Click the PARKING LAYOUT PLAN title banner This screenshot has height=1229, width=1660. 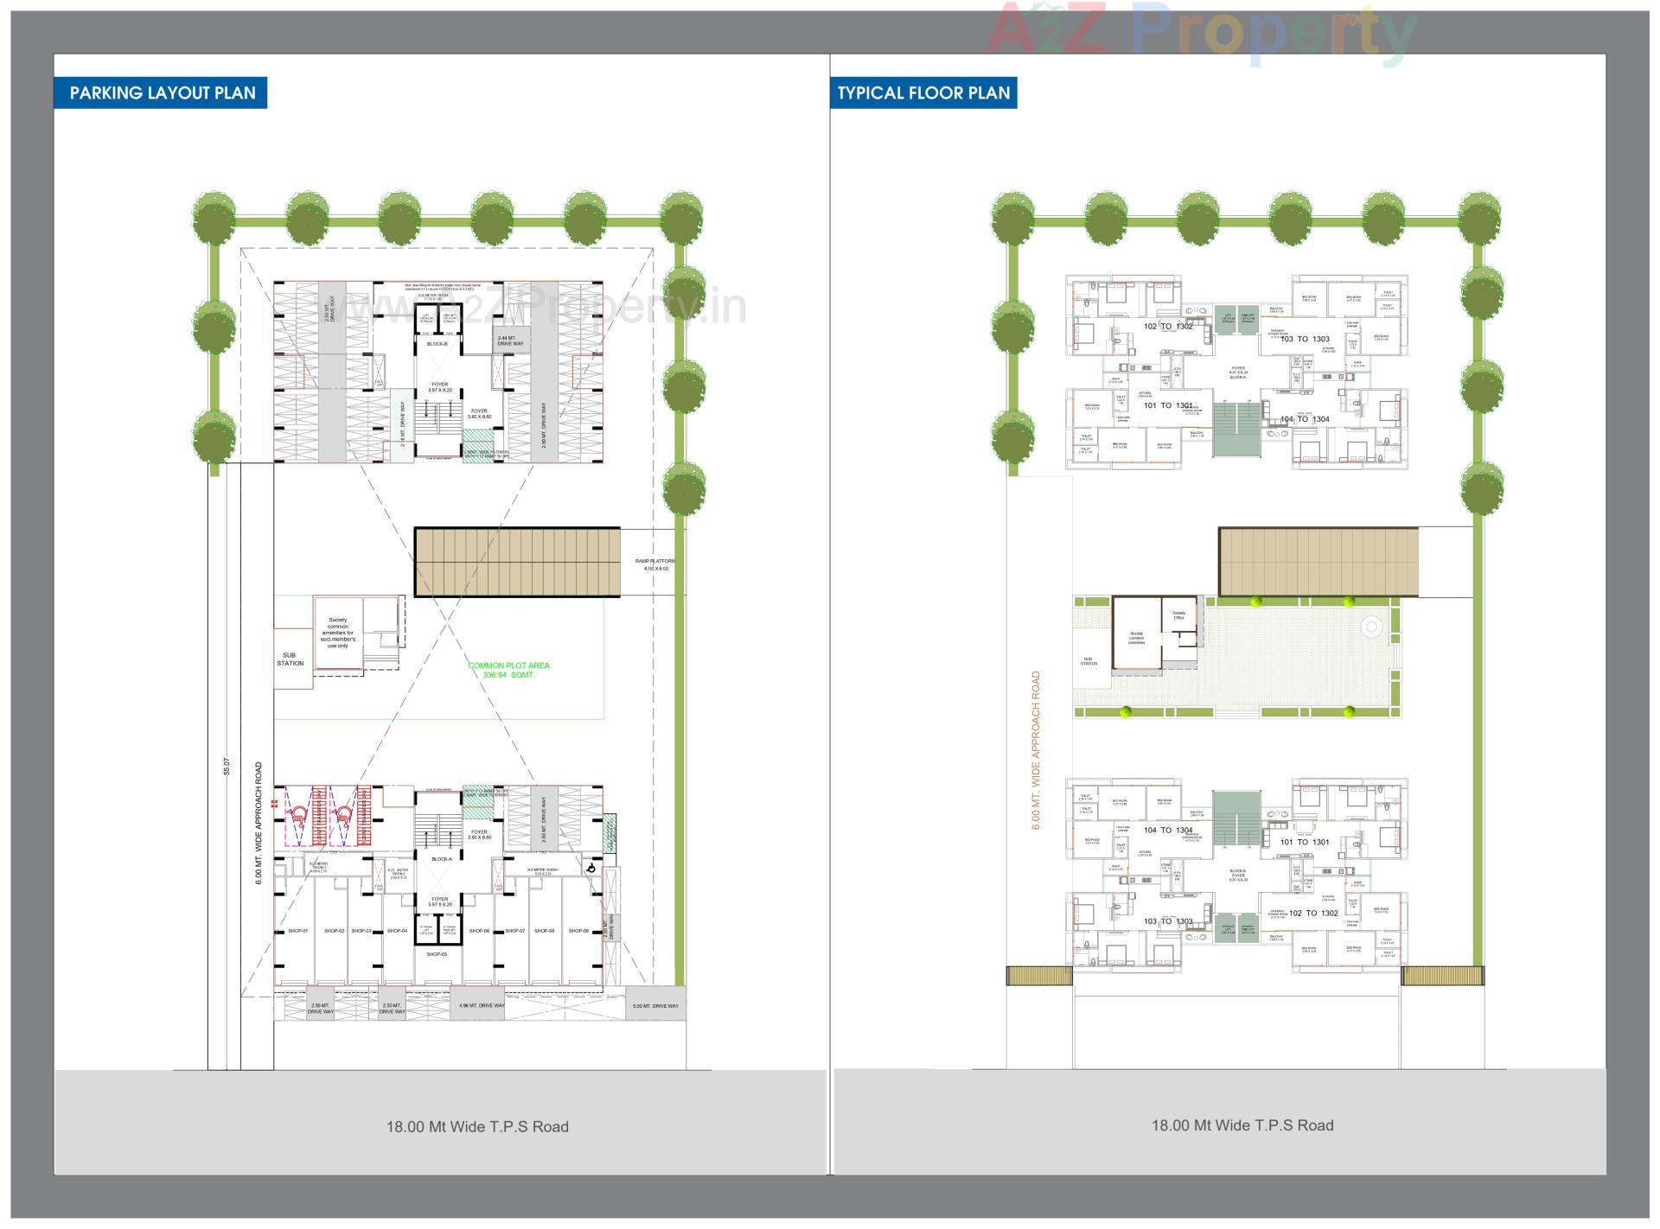point(162,92)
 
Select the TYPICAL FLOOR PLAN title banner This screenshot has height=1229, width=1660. point(923,92)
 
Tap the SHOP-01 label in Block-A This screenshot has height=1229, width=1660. point(297,931)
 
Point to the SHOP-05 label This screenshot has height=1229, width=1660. point(437,954)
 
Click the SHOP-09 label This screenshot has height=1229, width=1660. point(578,931)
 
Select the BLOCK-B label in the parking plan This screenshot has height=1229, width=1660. point(437,344)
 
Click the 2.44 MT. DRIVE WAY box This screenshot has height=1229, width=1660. point(510,341)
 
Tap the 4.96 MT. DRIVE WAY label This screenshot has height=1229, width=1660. point(482,1005)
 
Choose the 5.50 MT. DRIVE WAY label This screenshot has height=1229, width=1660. point(655,1006)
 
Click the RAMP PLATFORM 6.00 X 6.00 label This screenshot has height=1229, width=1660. point(655,564)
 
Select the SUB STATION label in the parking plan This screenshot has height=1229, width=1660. point(290,659)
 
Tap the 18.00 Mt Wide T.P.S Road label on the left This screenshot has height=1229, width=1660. point(477,1126)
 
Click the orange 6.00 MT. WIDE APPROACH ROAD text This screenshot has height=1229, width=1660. point(1035,750)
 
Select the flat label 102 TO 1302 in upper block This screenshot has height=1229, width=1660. point(1168,326)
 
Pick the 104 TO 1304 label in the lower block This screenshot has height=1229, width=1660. point(1168,830)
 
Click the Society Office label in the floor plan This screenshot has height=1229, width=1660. point(1178,614)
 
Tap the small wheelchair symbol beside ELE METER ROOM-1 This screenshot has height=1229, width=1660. point(591,869)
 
